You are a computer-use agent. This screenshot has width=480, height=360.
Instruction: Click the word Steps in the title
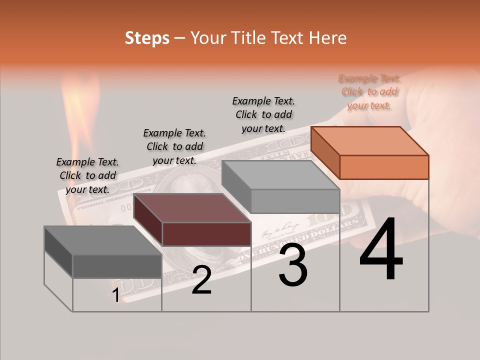pos(147,38)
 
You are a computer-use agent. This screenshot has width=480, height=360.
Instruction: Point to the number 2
pos(201,280)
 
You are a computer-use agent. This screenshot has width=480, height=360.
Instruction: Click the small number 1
pos(115,295)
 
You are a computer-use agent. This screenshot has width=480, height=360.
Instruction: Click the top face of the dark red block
pos(192,207)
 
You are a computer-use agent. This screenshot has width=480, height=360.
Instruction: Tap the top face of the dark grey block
pos(103,240)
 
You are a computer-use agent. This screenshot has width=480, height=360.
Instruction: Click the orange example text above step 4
pos(369,92)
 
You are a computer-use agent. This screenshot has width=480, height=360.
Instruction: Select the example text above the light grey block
pos(263,114)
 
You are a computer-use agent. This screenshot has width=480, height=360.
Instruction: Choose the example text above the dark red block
pos(174,146)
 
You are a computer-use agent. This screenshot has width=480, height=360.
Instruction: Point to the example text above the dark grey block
pos(87,175)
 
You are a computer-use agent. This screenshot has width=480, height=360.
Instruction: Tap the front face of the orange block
pos(384,167)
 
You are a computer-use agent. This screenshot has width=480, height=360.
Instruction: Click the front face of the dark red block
pos(206,234)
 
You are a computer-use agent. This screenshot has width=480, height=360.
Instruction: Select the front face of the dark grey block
pos(117,266)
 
